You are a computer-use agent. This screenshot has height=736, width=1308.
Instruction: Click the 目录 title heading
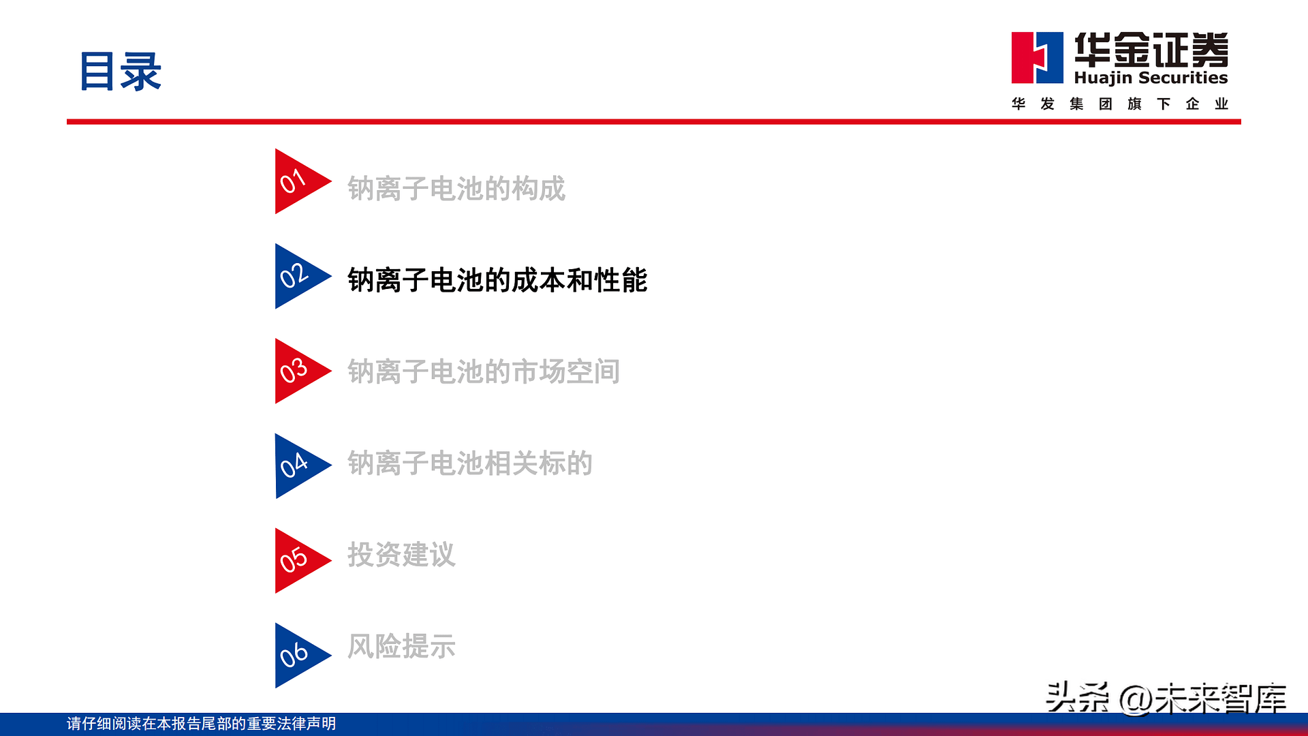121,72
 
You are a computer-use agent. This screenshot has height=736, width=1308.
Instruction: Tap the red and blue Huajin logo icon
1037,58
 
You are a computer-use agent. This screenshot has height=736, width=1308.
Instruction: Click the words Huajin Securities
1151,78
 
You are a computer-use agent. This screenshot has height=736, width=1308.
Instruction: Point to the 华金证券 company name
1151,50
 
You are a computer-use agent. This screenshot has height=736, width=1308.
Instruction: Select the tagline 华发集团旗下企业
1119,104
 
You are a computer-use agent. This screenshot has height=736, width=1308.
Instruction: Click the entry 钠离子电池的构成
456,189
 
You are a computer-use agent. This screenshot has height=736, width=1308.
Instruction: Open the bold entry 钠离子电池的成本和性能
497,280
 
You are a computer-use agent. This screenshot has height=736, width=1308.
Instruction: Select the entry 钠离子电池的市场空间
484,371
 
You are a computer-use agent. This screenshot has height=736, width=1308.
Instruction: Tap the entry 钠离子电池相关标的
470,463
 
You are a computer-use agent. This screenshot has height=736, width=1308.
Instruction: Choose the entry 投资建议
401,555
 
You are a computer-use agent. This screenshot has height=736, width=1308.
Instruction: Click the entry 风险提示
401,646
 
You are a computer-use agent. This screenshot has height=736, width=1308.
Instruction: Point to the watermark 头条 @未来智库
1166,698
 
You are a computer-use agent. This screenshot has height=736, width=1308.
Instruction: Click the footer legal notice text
201,724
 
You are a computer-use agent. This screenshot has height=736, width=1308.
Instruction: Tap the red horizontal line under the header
654,122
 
